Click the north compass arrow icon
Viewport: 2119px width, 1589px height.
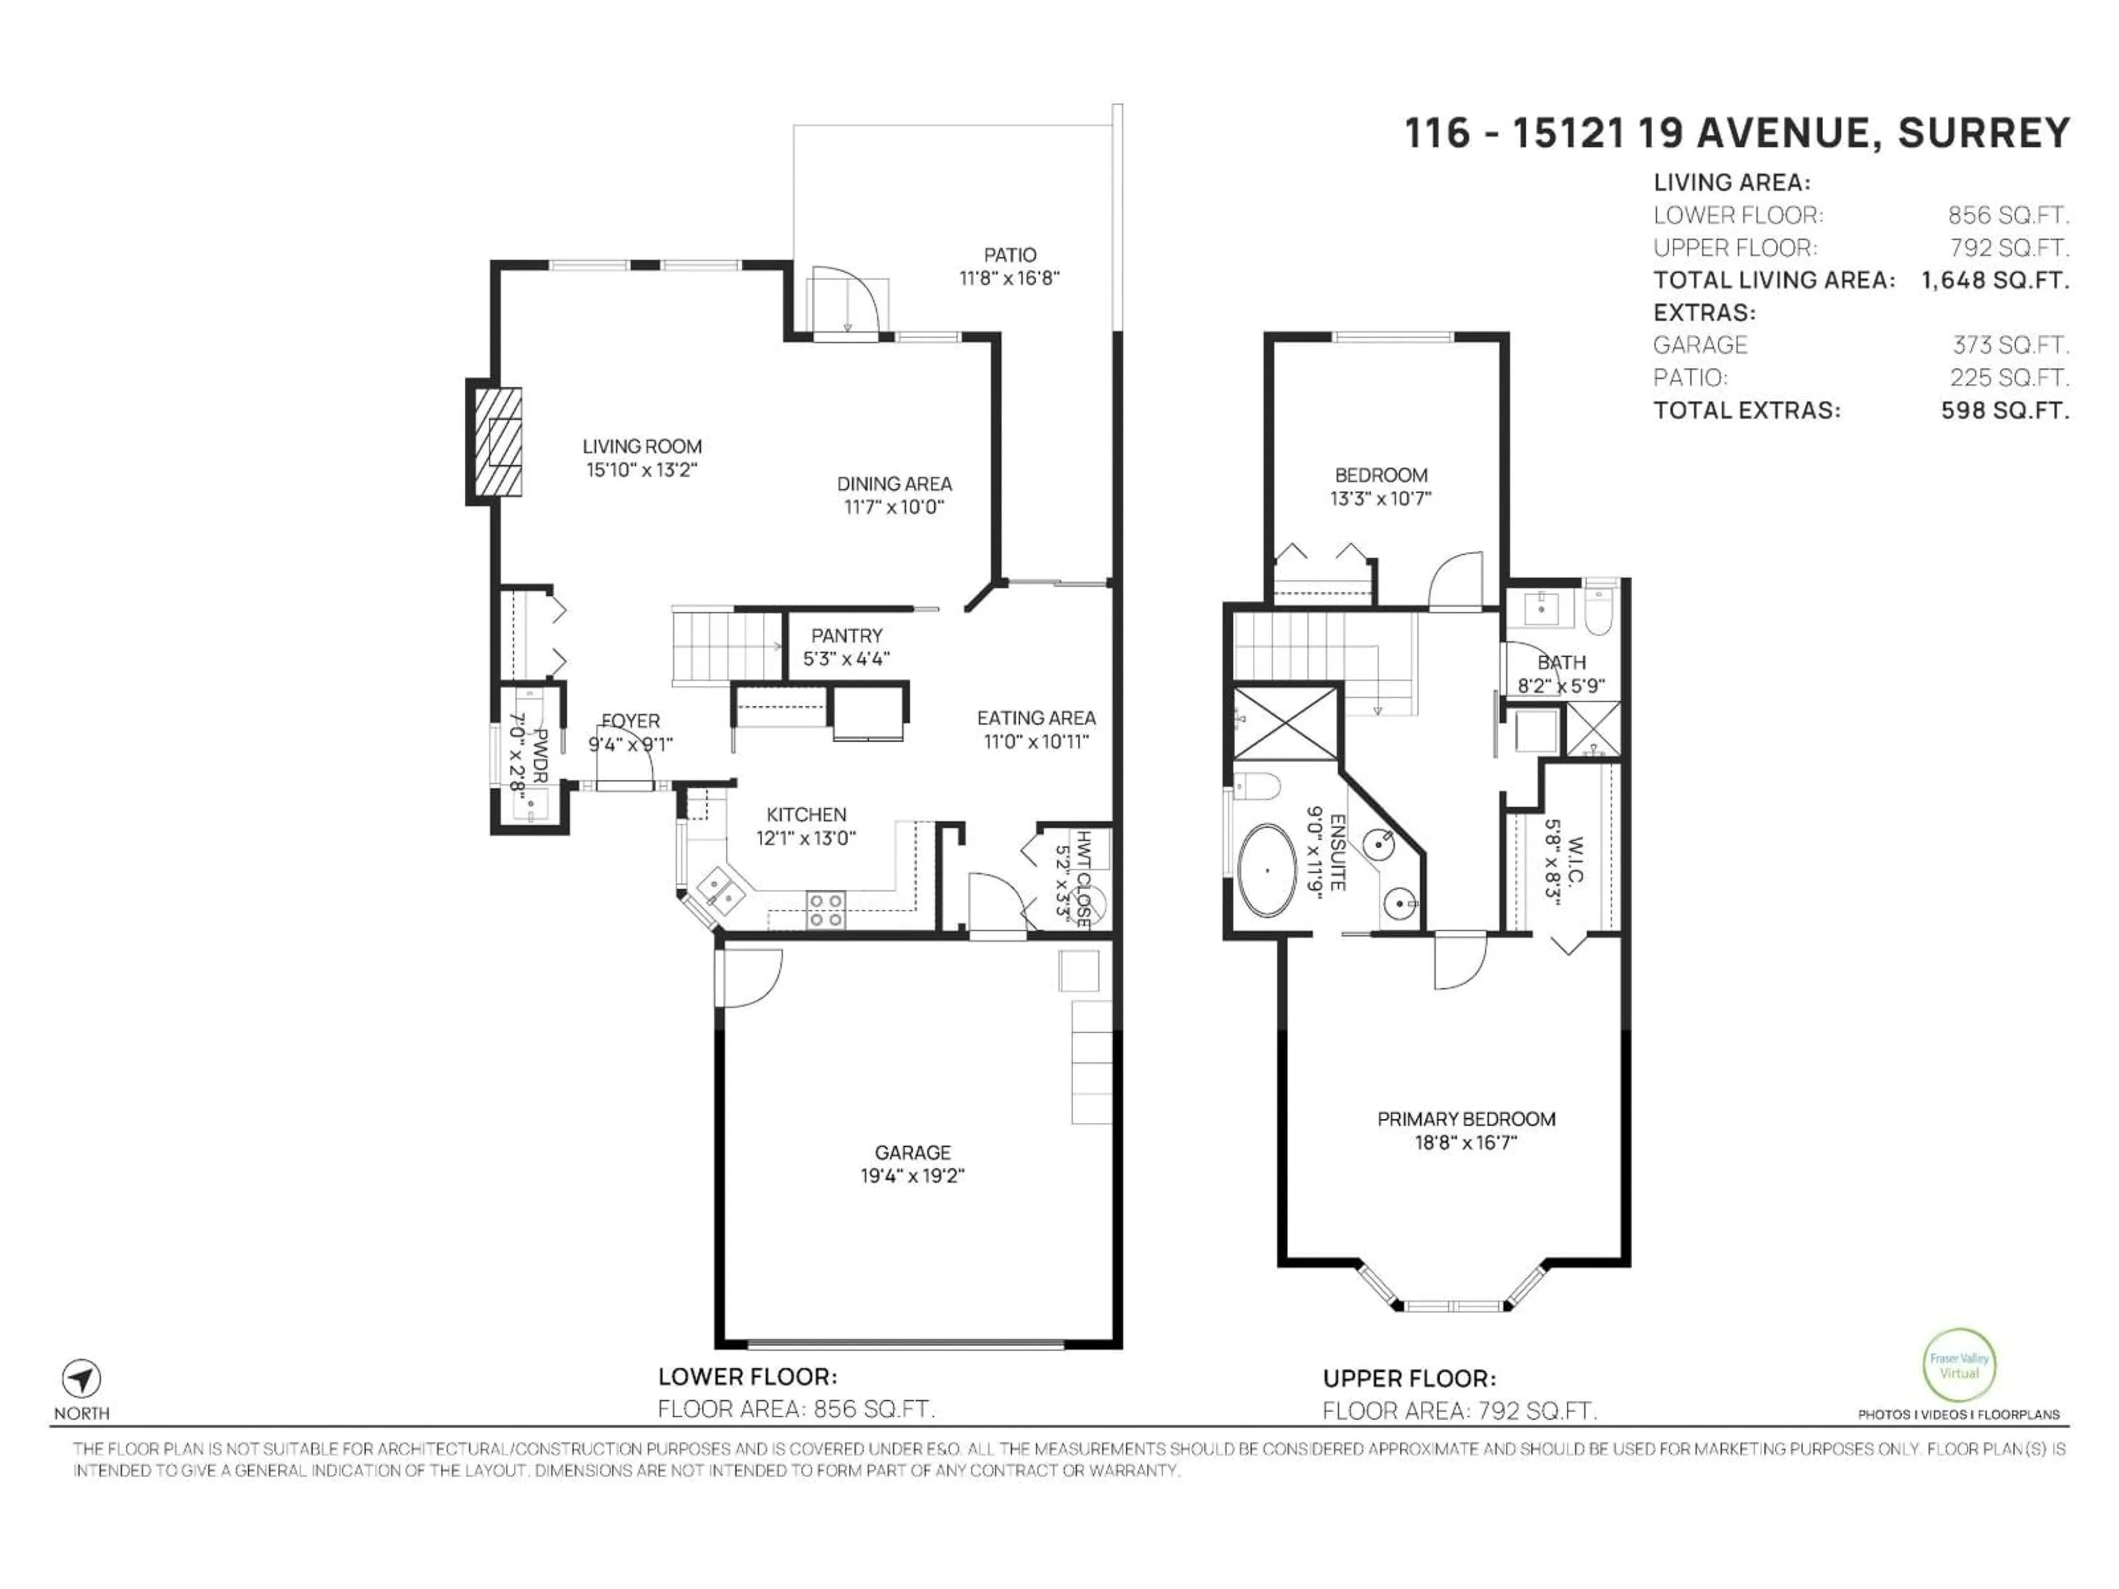(82, 1379)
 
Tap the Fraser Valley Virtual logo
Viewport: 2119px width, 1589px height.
(1959, 1365)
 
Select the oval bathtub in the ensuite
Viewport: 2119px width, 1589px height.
(1266, 871)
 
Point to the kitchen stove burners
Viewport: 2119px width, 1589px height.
(826, 910)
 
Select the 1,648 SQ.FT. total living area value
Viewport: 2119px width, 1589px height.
(1994, 281)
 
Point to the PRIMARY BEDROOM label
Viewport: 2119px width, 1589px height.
(1466, 1119)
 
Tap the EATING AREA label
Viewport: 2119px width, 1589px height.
(1036, 717)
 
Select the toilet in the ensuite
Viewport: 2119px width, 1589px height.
(1258, 787)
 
